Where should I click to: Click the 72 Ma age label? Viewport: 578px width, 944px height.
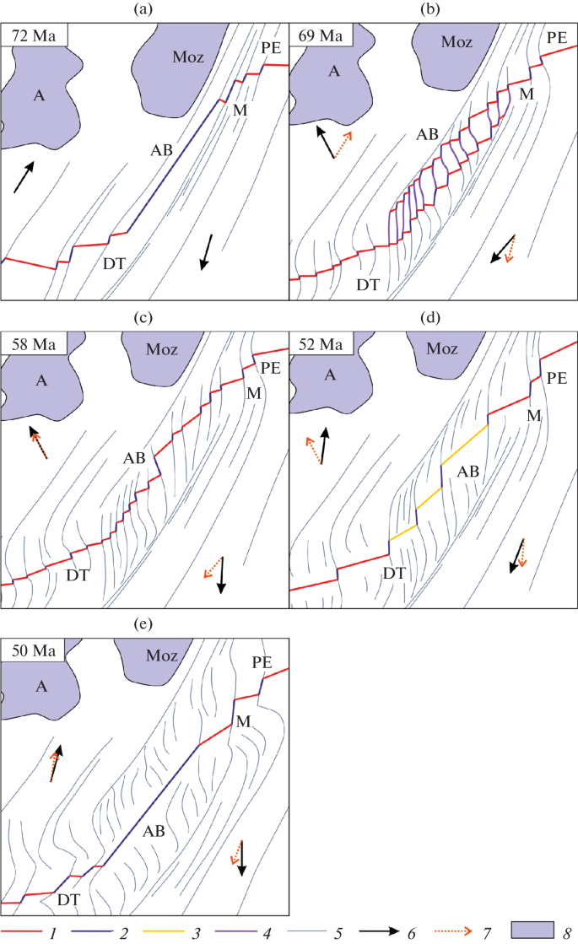34,35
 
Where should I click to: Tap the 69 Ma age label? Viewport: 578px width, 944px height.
321,35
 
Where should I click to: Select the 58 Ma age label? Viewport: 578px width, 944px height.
34,344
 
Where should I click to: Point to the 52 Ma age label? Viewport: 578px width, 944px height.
321,344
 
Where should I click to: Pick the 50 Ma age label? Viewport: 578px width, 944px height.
34,650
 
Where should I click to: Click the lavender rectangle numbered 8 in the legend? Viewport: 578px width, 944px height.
532,930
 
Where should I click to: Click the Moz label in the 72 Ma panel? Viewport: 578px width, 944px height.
188,57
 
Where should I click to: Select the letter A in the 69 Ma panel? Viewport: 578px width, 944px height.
334,72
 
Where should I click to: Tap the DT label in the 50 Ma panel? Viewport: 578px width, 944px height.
68,899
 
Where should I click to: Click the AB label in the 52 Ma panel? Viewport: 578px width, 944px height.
467,472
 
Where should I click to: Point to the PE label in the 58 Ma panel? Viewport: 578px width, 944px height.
270,367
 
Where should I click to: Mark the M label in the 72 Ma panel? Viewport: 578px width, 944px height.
240,110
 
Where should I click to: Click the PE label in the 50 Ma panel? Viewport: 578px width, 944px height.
262,662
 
